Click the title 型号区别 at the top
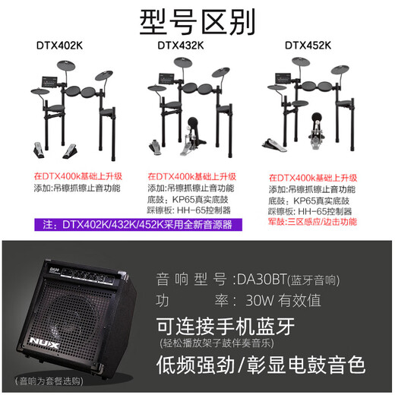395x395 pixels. click(197, 22)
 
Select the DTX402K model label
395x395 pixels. click(59, 46)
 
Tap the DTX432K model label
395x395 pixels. click(181, 46)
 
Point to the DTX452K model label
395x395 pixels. click(308, 46)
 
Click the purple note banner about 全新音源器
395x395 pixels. click(138, 225)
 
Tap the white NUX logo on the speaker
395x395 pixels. click(44, 343)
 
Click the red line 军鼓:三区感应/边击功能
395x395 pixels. click(313, 222)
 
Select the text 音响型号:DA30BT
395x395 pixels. click(221, 279)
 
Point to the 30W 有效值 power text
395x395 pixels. click(283, 300)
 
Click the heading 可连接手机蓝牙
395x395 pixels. click(226, 326)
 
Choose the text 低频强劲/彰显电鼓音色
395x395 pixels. click(261, 365)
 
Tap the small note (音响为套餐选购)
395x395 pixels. click(49, 381)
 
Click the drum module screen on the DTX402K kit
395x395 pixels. click(49, 82)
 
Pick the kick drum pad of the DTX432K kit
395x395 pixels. click(193, 124)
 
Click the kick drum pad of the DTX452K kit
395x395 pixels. click(317, 118)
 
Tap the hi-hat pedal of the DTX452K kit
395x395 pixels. click(273, 145)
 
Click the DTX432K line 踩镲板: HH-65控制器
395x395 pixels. click(189, 210)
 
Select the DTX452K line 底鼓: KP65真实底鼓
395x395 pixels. click(309, 201)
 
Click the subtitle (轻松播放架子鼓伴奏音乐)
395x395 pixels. click(217, 343)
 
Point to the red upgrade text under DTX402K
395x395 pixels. click(78, 176)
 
